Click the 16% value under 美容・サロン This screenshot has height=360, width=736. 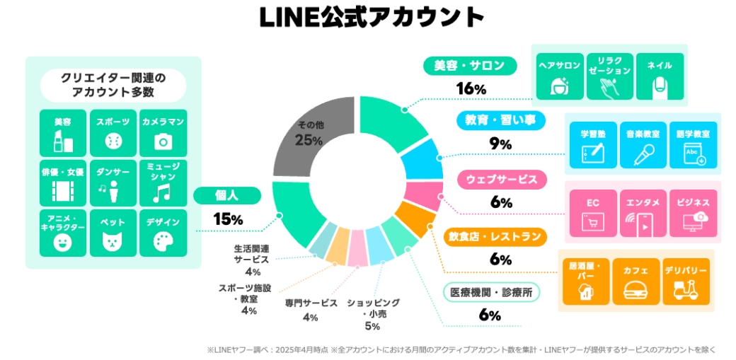click(471, 89)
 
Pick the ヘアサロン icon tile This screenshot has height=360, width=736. click(559, 76)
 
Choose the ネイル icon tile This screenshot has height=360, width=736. click(660, 76)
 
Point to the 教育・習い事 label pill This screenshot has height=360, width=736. click(500, 121)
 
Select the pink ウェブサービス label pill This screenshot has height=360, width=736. click(500, 179)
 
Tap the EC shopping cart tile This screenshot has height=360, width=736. click(593, 213)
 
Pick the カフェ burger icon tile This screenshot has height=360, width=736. click(635, 281)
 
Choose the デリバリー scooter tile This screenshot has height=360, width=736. click(685, 281)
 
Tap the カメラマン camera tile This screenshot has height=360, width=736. click(163, 133)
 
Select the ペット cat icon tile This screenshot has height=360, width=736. click(113, 233)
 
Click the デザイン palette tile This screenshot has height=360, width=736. click(163, 233)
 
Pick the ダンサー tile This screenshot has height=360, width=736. click(113, 182)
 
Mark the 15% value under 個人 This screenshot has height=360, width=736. click(228, 219)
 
